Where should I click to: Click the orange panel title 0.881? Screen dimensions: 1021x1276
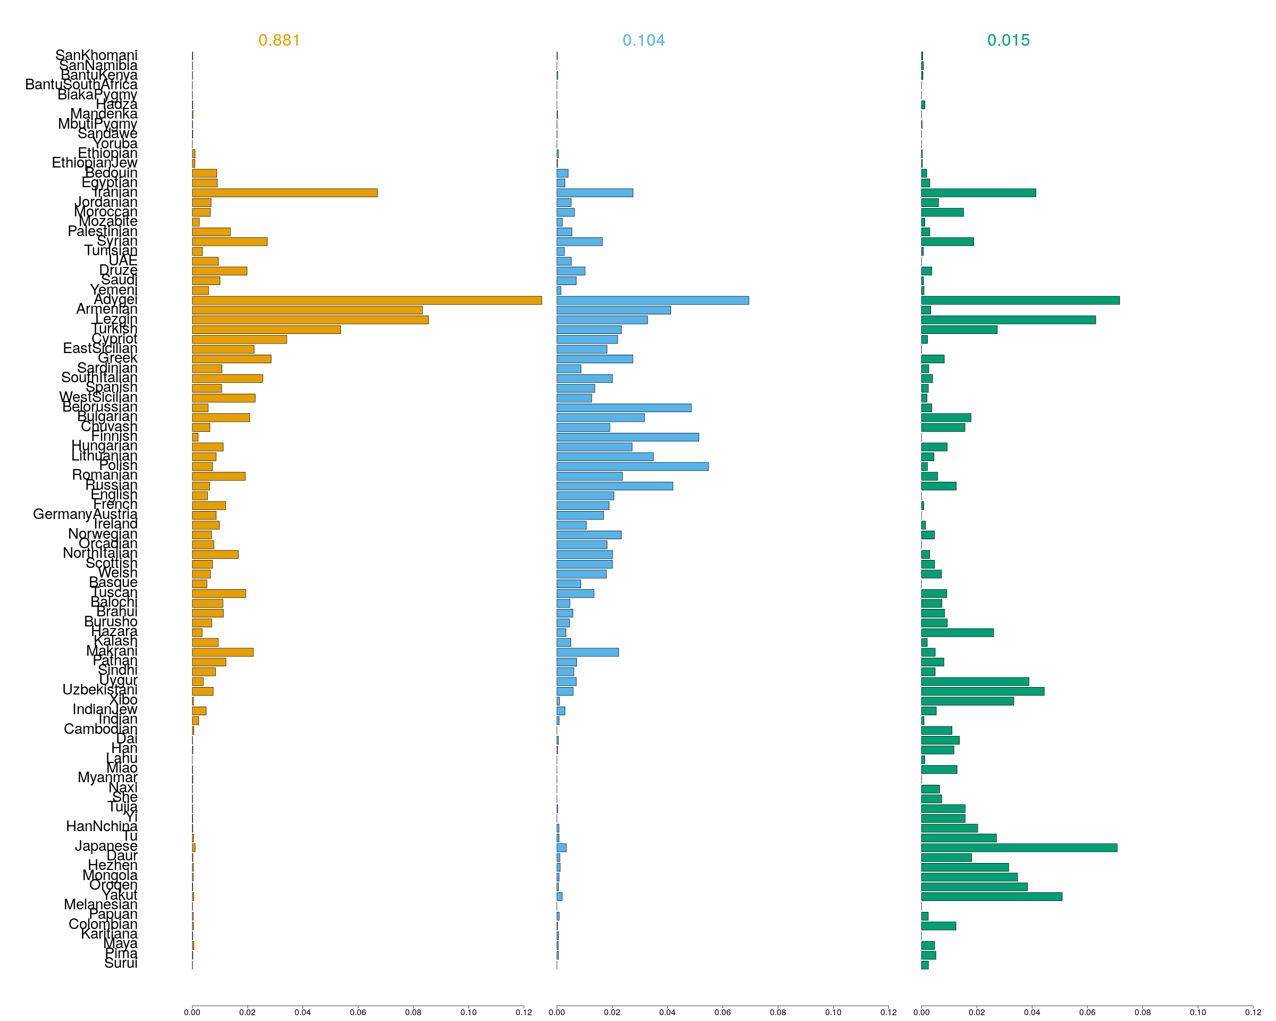tap(279, 40)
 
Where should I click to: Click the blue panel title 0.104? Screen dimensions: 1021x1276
tap(643, 40)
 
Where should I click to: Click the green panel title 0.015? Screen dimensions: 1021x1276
tap(1008, 40)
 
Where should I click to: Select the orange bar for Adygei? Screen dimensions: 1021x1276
tap(366, 300)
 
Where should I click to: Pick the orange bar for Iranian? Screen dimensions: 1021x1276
tap(284, 193)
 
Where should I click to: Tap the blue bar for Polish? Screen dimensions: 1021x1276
tap(632, 466)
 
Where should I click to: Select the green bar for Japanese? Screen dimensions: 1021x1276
tap(1019, 848)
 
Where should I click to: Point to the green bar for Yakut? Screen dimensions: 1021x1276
tap(992, 897)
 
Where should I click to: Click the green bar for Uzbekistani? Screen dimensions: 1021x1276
tap(983, 691)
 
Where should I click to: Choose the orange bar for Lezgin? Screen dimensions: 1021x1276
tap(309, 320)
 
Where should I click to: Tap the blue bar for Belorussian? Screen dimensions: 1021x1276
tap(624, 408)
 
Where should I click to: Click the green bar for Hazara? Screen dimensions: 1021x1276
tap(957, 633)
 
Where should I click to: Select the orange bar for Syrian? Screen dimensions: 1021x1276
tap(229, 241)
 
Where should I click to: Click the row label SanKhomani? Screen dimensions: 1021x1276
tap(96, 55)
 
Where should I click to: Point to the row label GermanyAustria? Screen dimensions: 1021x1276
tap(85, 514)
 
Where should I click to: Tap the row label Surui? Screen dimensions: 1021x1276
tap(120, 963)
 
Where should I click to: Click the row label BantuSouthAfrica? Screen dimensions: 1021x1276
tap(81, 85)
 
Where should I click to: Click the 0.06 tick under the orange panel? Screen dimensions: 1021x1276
tap(357, 1012)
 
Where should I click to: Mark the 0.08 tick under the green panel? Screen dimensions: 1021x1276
tap(1142, 1012)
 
